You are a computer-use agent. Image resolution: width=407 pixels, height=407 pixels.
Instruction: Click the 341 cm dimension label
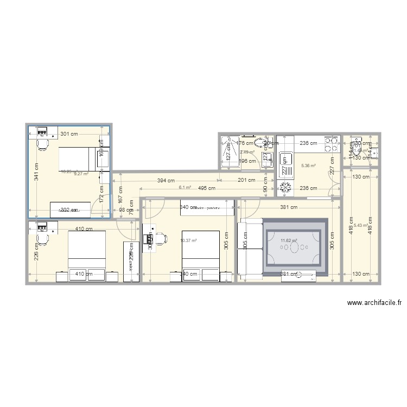(x=36, y=172)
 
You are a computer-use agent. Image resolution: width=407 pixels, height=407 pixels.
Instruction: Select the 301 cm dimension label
(x=68, y=133)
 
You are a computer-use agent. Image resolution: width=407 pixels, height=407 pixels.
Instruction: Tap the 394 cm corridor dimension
(x=166, y=181)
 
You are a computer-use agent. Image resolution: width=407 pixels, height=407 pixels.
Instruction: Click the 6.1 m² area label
(x=185, y=188)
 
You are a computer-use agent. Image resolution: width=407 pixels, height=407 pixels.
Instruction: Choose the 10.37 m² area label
(x=188, y=240)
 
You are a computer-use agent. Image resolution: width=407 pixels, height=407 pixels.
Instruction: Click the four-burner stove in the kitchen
(x=331, y=144)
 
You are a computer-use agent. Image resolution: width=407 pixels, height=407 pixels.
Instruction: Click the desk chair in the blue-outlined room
(x=42, y=144)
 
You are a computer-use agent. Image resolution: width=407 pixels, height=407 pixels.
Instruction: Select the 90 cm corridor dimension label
(x=265, y=189)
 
